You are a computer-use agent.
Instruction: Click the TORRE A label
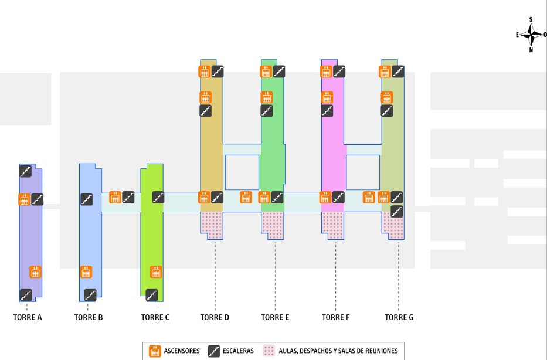click(28, 317)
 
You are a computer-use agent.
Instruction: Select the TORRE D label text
click(215, 317)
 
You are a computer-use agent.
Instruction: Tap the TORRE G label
click(399, 317)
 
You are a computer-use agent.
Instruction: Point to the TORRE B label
click(89, 317)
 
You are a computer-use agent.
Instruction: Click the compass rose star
click(531, 35)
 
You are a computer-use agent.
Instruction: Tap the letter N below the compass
click(531, 50)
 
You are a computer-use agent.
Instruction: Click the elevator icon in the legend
click(155, 351)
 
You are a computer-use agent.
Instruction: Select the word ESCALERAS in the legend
click(238, 351)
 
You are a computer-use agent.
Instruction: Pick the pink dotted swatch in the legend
click(269, 351)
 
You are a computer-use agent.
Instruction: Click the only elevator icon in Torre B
click(86, 272)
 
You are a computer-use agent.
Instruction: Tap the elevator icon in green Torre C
click(156, 272)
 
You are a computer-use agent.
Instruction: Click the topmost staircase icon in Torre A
click(25, 171)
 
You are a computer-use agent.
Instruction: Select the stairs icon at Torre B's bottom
click(90, 295)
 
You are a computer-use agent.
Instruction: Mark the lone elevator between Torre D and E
click(246, 198)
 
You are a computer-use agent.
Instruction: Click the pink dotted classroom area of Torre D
click(212, 225)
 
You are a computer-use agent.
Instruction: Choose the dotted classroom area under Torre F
click(333, 225)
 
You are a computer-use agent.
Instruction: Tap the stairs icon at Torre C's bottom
click(152, 295)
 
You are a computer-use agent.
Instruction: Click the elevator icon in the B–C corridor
click(115, 198)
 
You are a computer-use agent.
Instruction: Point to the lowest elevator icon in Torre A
click(35, 272)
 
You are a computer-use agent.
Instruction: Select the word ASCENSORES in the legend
click(182, 351)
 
